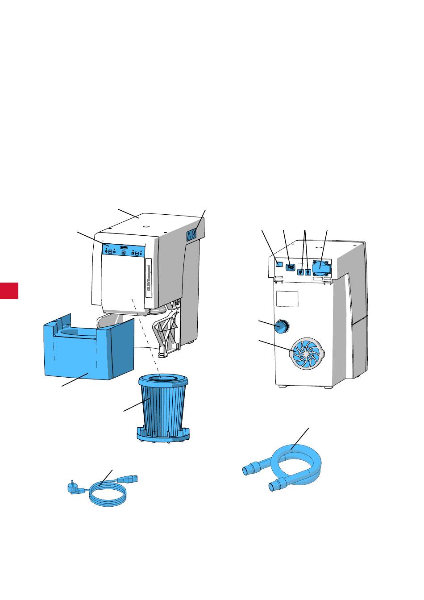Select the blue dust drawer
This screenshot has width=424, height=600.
tap(89, 353)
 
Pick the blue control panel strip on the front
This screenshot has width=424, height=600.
tap(124, 251)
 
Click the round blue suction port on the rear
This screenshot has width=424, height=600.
tap(281, 327)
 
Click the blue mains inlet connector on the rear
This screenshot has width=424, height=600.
tap(290, 267)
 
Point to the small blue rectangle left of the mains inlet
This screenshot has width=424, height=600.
tap(279, 264)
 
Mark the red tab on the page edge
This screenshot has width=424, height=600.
tap(9, 290)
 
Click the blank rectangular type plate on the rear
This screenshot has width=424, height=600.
tap(287, 299)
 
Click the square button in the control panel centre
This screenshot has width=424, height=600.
tap(124, 252)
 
